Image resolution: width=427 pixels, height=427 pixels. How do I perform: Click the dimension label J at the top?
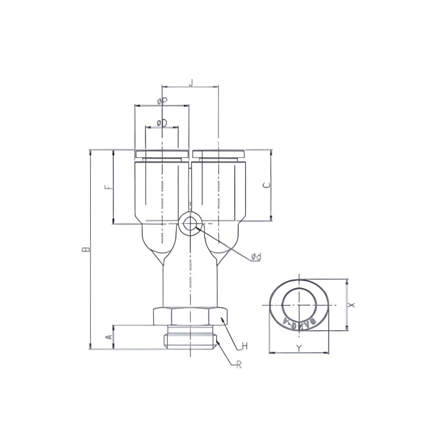coord(190,82)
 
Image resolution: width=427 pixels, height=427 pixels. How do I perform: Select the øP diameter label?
coord(163,101)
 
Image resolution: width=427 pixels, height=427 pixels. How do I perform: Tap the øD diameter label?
coord(161,123)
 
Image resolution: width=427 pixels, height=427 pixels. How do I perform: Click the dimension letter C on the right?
coord(266,185)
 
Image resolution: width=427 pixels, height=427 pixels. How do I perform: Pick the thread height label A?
coord(108,337)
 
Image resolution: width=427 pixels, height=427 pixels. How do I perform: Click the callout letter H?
coord(244,346)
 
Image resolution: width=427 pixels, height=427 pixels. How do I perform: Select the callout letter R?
coord(239,365)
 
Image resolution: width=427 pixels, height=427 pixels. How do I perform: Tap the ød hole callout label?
coord(256,257)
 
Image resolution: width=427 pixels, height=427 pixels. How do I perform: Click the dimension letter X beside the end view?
coord(352,305)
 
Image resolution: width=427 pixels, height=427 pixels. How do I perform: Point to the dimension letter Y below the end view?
coord(299,348)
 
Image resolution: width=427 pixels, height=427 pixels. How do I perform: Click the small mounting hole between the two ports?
coord(190,224)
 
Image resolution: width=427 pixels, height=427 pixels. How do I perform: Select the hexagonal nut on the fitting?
coord(190,316)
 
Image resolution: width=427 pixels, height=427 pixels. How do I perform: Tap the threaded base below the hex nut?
coord(190,336)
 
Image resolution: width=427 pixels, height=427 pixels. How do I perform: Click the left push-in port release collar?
coord(162,154)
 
